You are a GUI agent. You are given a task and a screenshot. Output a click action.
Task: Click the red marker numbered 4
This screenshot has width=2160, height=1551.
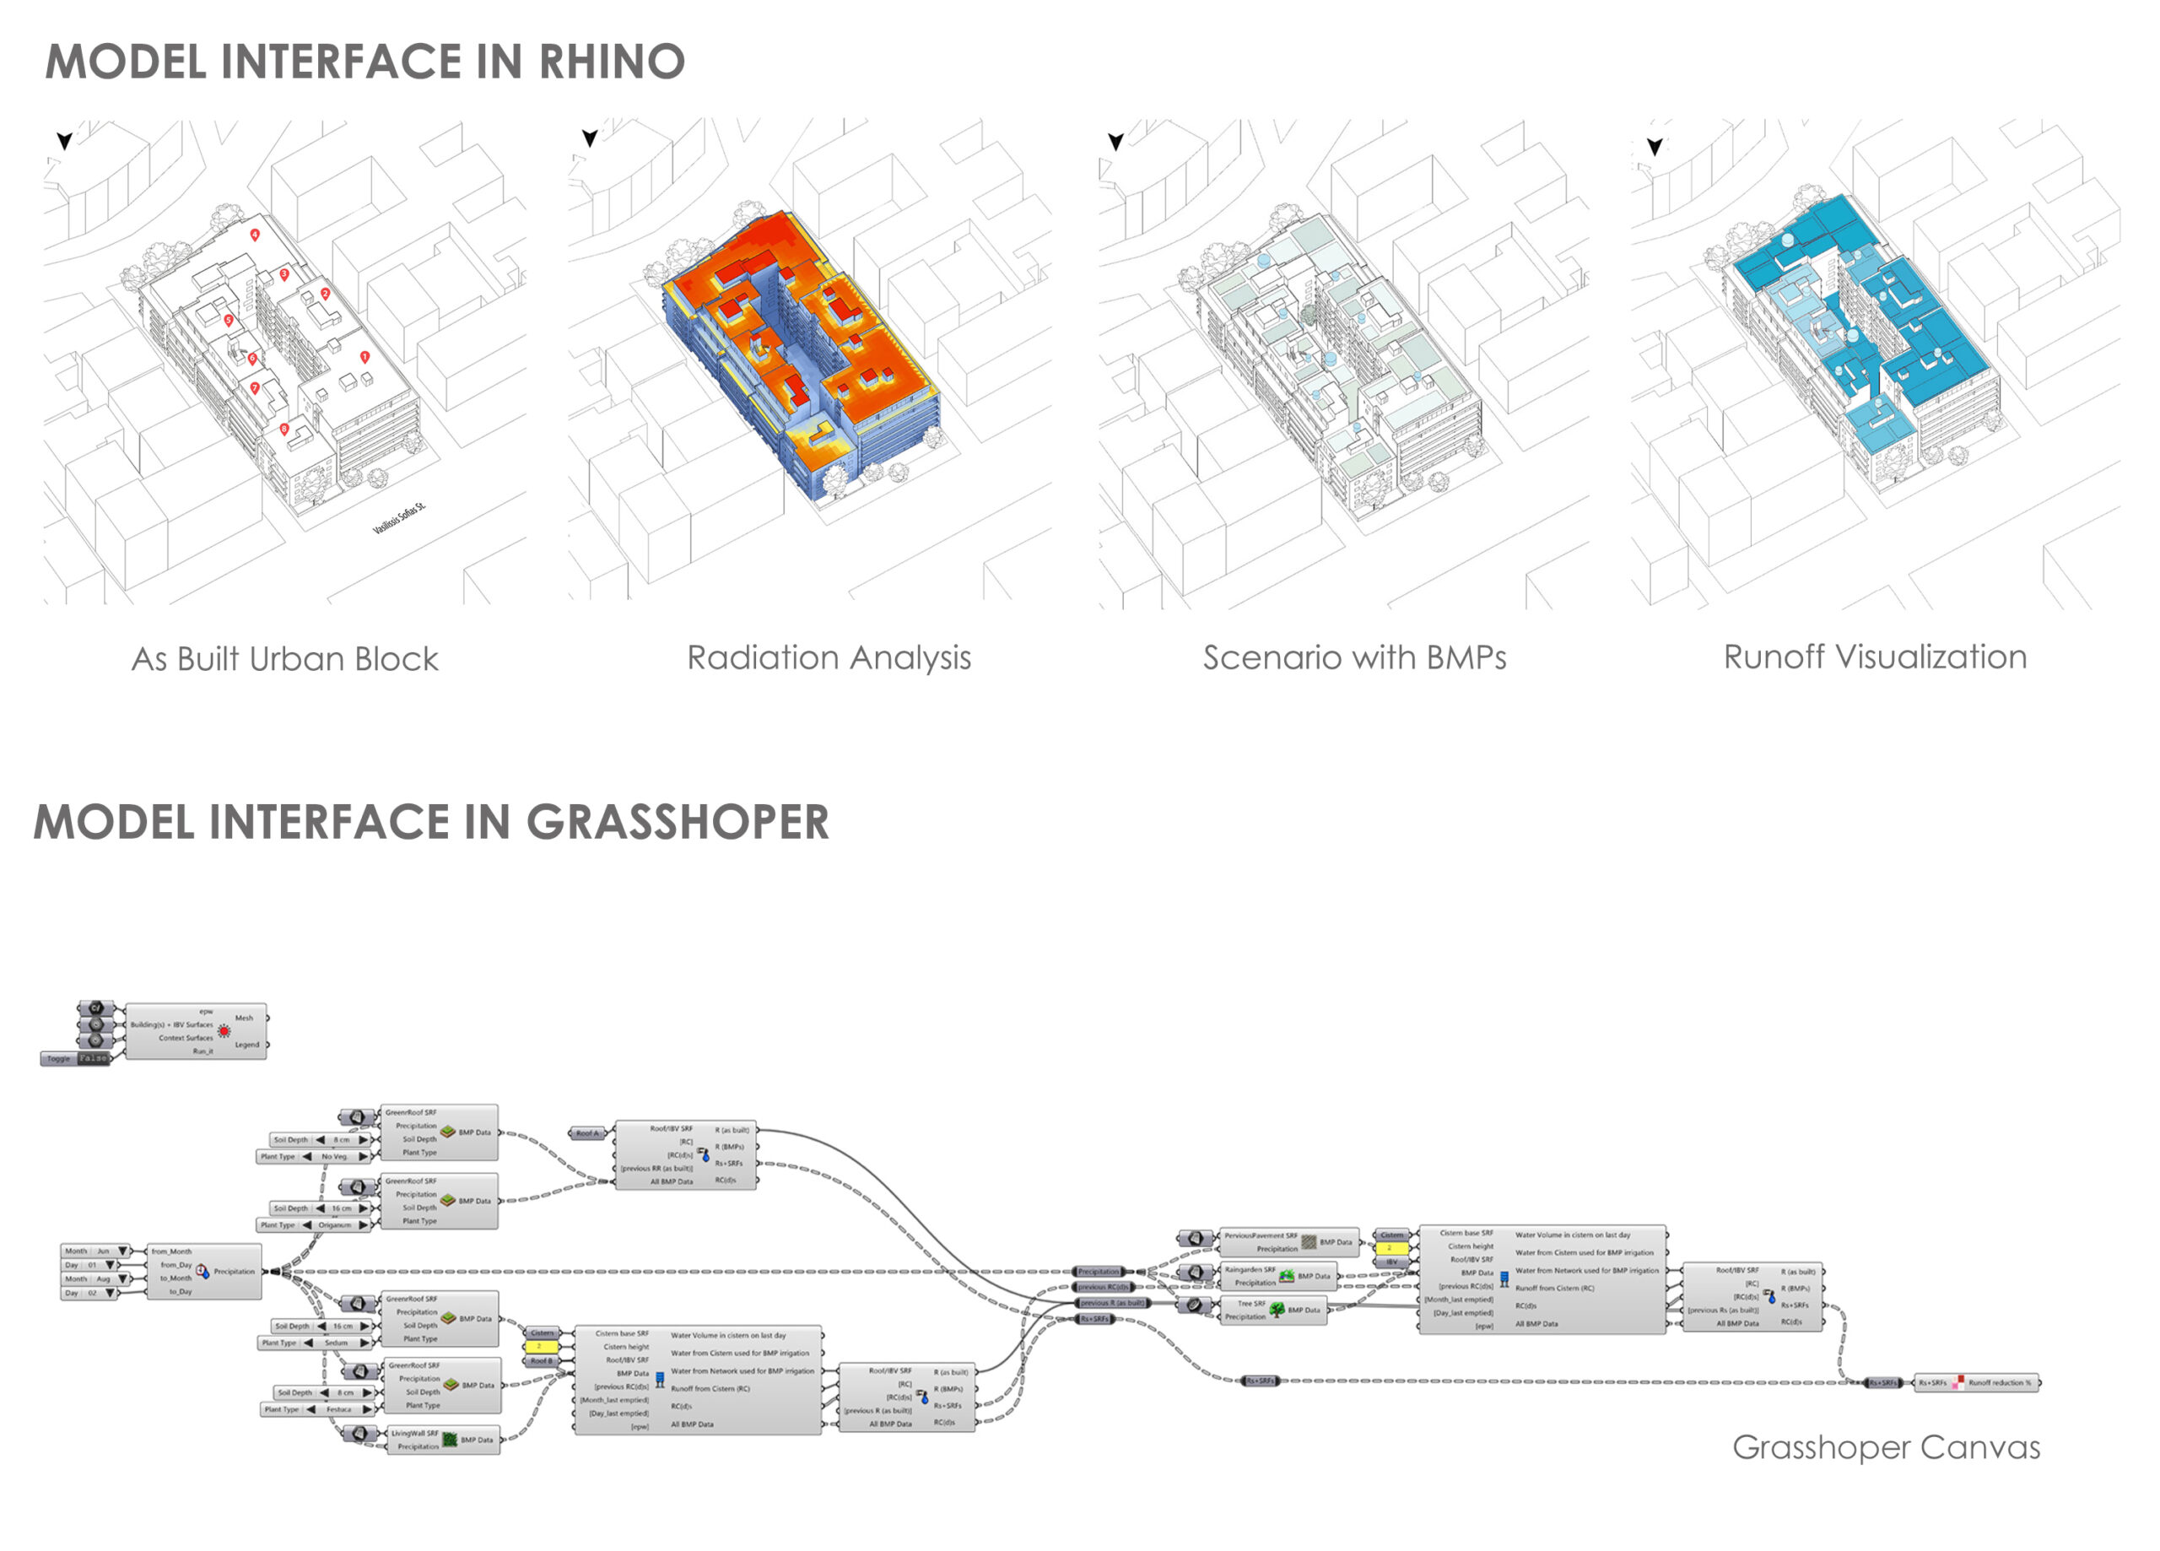tap(254, 234)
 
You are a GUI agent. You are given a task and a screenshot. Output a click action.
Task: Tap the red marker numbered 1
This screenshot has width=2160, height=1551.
tap(364, 356)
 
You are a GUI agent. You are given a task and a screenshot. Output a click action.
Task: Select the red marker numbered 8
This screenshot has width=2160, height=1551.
tap(283, 430)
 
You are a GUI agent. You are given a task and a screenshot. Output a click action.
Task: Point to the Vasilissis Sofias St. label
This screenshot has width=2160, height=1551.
tap(399, 518)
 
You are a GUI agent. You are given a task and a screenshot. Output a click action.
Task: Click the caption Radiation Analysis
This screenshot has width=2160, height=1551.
tap(829, 657)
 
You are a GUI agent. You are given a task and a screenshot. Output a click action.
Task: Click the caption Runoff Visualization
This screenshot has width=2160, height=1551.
tap(1874, 657)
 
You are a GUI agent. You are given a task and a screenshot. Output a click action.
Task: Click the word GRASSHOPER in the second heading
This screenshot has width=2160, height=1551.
tap(678, 822)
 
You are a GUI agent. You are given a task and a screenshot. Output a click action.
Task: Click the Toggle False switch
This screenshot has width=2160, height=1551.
tap(76, 1058)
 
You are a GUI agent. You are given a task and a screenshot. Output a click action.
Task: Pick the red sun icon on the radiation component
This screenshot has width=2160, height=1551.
tap(224, 1031)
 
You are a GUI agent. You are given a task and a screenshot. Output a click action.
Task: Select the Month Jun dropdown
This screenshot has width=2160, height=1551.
tap(95, 1251)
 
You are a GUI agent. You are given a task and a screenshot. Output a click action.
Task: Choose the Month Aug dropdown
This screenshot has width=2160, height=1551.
tap(95, 1278)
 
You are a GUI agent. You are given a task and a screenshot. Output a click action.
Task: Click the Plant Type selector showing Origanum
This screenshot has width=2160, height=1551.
tap(314, 1225)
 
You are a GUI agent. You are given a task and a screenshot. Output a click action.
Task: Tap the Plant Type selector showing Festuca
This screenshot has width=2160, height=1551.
tap(318, 1409)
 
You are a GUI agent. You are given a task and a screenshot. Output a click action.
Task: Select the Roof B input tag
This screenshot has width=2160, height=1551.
tap(540, 1360)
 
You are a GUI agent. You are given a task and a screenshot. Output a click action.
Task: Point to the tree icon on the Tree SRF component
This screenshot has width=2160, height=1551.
tap(1277, 1310)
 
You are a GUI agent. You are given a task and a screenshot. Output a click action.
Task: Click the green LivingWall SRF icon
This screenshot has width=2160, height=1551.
tap(450, 1440)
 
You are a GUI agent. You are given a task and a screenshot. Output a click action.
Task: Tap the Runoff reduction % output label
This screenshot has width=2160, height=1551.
tap(1999, 1382)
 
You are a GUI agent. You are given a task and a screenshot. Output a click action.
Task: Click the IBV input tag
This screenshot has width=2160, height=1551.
tap(1391, 1262)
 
